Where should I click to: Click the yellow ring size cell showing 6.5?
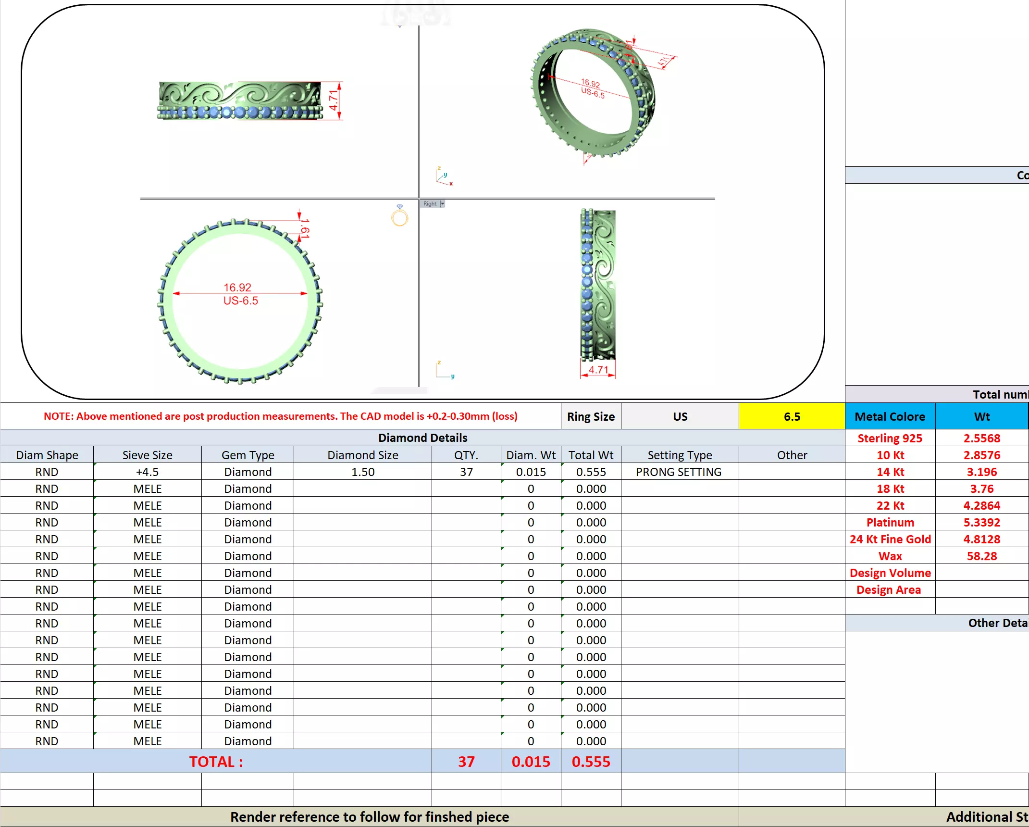[x=792, y=416]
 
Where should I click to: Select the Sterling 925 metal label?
[x=890, y=438]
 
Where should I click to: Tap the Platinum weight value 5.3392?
[x=981, y=522]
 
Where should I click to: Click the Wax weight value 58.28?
[x=981, y=556]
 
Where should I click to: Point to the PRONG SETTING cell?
[x=679, y=472]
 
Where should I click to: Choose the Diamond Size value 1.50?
[x=362, y=472]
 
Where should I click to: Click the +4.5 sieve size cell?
[x=147, y=472]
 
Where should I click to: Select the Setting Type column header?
[x=680, y=455]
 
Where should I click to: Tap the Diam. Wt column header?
[x=531, y=455]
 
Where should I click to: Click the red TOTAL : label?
[x=216, y=762]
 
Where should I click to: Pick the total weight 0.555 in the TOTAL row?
[x=591, y=762]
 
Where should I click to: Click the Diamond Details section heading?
[x=422, y=438]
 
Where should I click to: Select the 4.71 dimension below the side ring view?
[x=598, y=370]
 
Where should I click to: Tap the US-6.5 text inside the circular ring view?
[x=241, y=301]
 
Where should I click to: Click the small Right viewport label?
[x=430, y=204]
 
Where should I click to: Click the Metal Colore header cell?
[x=890, y=416]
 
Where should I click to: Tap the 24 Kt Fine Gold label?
[x=890, y=539]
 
